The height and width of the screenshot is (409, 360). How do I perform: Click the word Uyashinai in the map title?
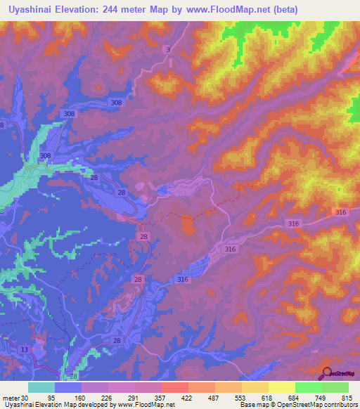29,10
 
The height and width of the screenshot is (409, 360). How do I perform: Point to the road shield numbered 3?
168,49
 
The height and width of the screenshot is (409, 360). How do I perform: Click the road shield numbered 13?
25,350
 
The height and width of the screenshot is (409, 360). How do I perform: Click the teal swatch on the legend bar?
41,388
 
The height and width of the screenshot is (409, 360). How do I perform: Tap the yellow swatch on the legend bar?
281,388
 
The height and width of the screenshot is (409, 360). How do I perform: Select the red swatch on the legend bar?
174,388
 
